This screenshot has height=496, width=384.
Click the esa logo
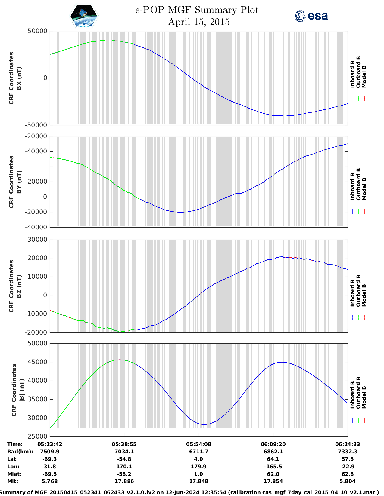(x=311, y=16)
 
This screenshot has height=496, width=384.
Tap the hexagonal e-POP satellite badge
(x=84, y=16)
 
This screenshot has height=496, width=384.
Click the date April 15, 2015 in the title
(x=198, y=22)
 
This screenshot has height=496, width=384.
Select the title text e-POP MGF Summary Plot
(x=196, y=10)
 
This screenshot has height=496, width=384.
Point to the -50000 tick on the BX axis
(x=37, y=125)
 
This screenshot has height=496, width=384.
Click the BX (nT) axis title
(x=19, y=78)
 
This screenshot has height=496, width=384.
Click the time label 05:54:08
(x=198, y=444)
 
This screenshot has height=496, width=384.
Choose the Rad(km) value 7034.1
(x=124, y=452)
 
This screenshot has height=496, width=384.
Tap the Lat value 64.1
(x=273, y=459)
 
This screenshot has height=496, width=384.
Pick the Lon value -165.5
(x=273, y=467)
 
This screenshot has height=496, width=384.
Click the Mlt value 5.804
(x=347, y=481)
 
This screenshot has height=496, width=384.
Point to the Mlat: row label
(x=14, y=474)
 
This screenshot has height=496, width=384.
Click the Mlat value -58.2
(x=124, y=474)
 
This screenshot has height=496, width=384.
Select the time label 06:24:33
(x=347, y=444)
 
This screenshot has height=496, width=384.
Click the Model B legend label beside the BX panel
(x=364, y=76)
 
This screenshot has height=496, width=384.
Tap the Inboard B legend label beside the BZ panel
(x=352, y=293)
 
